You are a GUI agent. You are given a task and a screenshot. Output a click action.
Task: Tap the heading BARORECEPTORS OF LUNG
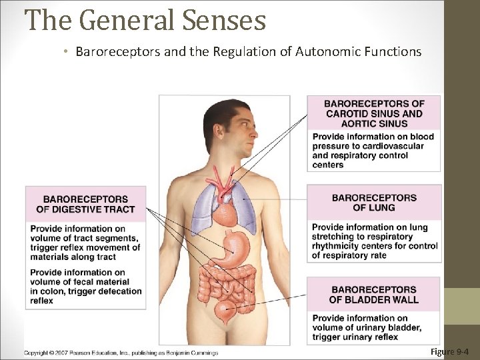374,203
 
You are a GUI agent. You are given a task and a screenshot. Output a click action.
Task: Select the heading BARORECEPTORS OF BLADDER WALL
374,295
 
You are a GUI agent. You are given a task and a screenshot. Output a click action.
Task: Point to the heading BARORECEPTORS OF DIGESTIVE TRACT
85,204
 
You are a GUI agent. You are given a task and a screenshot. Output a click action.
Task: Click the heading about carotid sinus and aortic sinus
374,113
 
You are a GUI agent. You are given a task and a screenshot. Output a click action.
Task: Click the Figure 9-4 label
450,351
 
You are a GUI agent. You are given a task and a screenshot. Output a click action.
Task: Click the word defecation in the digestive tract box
117,291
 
